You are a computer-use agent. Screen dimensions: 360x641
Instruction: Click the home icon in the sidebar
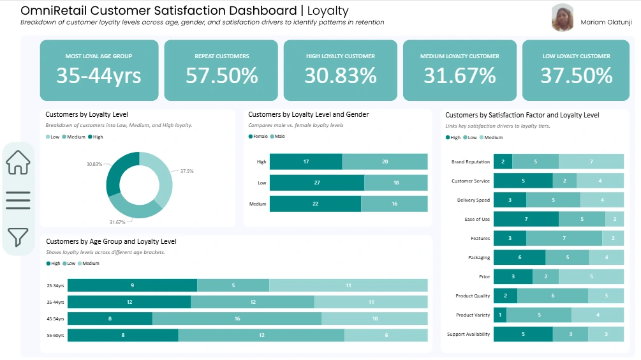pyautogui.click(x=18, y=162)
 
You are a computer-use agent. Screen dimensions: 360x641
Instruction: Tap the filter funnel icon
pyautogui.click(x=18, y=237)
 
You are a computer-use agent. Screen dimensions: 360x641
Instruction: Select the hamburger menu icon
pyautogui.click(x=18, y=200)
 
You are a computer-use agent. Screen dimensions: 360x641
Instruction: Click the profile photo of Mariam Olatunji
pyautogui.click(x=563, y=18)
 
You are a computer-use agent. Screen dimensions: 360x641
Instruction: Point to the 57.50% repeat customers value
pyautogui.click(x=221, y=76)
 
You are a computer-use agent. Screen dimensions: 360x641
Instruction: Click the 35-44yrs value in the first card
pyautogui.click(x=99, y=76)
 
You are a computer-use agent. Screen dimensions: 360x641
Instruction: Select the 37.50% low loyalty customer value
pyautogui.click(x=577, y=76)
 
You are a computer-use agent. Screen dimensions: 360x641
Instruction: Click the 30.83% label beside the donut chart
pyautogui.click(x=94, y=164)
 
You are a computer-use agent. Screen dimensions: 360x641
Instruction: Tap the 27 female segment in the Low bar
pyautogui.click(x=317, y=183)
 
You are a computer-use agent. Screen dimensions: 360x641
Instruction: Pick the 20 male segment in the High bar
pyautogui.click(x=385, y=161)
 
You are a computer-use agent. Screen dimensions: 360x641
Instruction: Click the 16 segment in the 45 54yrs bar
pyautogui.click(x=237, y=319)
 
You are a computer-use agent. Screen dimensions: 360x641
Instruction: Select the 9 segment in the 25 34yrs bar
pyautogui.click(x=132, y=285)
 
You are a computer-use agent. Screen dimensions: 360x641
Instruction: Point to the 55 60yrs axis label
pyautogui.click(x=55, y=335)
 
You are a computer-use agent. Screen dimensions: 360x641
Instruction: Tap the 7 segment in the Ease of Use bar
pyautogui.click(x=526, y=219)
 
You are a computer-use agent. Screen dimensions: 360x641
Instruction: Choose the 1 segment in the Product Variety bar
pyautogui.click(x=500, y=315)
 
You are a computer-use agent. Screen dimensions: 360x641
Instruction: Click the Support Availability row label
pyautogui.click(x=469, y=334)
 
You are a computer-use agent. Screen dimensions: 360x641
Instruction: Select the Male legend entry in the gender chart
pyautogui.click(x=278, y=136)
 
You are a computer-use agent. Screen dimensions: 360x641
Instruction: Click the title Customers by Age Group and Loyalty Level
pyautogui.click(x=111, y=242)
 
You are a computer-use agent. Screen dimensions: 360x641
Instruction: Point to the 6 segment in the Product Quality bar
pyautogui.click(x=552, y=296)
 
